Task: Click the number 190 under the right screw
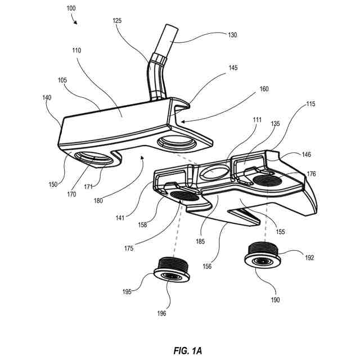coord(275,300)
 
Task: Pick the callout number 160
coord(263,88)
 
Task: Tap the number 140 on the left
coord(47,97)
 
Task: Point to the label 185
coord(200,241)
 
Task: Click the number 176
coord(311,174)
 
